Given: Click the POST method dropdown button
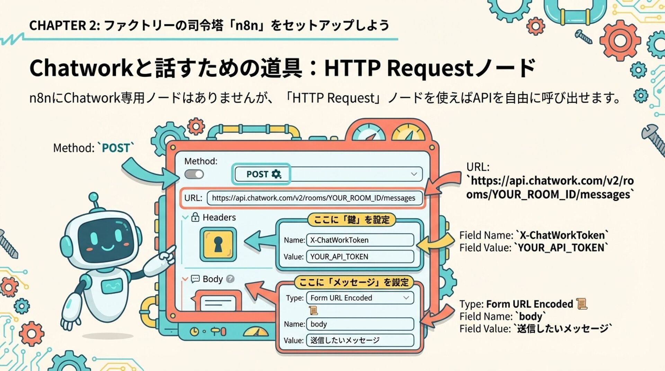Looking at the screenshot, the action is tap(328, 174).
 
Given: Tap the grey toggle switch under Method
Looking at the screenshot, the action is tap(194, 174).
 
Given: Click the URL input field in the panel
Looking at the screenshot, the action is tap(314, 198).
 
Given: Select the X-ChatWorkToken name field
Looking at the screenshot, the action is tap(360, 240).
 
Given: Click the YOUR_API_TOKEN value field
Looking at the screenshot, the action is tap(360, 257).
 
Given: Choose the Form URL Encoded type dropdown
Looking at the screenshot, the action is tap(360, 298).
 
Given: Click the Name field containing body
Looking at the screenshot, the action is tap(360, 324).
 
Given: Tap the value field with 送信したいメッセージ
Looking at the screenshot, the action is tap(360, 341).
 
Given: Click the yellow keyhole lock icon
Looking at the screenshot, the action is tap(218, 244).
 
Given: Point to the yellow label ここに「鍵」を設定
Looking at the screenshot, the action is tap(352, 219).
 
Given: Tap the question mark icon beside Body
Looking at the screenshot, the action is tap(230, 279).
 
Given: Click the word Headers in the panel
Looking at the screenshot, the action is tap(219, 217).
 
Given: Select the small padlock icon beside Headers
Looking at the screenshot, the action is tap(195, 217).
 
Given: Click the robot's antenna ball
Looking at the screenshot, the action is tap(94, 197).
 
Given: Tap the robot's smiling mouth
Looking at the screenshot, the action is tap(107, 248).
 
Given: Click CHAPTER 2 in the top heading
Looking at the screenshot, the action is tap(64, 25).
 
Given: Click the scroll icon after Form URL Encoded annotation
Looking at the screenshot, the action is tap(582, 304).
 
